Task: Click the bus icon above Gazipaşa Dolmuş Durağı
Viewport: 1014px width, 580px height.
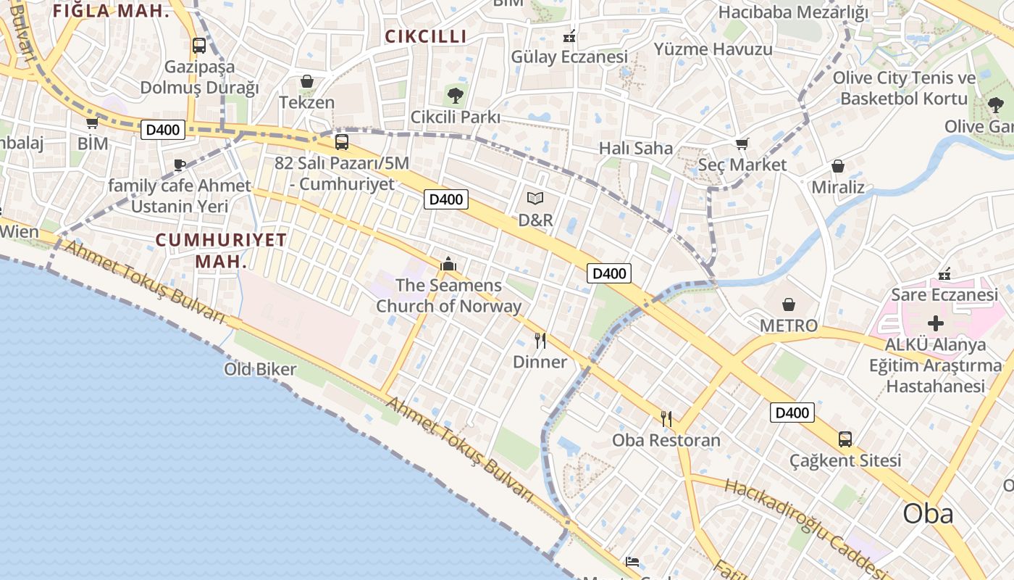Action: [199, 46]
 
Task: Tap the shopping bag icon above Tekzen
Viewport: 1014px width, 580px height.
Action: [307, 81]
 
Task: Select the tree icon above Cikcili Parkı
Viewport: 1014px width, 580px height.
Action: [455, 95]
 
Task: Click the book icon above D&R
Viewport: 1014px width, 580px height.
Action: [535, 198]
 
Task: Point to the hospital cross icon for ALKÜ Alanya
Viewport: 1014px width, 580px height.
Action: [936, 323]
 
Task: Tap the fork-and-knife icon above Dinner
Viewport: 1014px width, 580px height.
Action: [540, 340]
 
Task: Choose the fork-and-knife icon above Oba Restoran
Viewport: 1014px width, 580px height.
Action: [666, 418]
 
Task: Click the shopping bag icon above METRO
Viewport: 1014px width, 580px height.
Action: [789, 304]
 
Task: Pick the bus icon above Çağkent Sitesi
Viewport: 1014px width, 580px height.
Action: [845, 439]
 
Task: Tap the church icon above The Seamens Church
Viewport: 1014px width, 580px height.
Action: [448, 264]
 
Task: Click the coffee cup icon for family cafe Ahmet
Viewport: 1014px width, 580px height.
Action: [180, 165]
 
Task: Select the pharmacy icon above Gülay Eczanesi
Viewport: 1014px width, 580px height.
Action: [569, 36]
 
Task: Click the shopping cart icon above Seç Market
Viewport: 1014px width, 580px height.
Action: [742, 144]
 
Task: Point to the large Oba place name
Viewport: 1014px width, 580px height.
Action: [928, 513]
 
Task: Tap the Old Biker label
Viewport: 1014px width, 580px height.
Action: [260, 369]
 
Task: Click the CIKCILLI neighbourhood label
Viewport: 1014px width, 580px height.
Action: [426, 36]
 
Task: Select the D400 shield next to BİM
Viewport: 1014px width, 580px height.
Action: [164, 130]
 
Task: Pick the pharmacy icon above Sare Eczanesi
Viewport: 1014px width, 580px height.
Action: [944, 274]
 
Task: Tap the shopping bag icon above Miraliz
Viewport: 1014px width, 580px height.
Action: [838, 167]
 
